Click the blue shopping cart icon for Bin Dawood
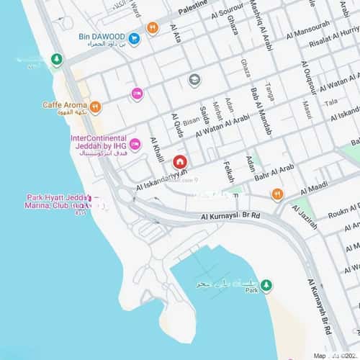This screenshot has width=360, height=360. pos(134,37)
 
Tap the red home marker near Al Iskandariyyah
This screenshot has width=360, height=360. pos(179,161)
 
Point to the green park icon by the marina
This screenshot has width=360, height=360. pos(266,284)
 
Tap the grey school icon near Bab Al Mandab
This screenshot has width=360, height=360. pos(194,80)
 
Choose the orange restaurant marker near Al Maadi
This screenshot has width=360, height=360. pos(277,194)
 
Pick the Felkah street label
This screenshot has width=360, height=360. pos(228,171)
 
